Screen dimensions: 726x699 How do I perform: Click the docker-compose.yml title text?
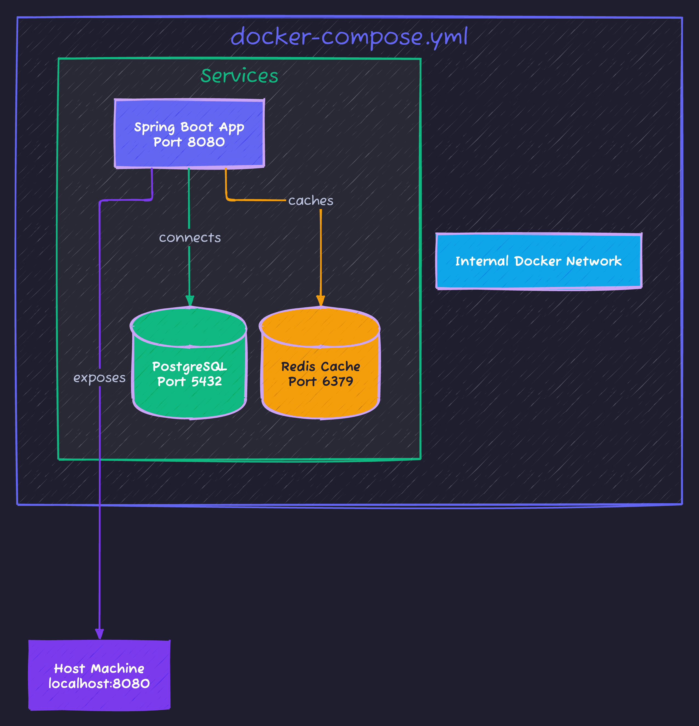(x=349, y=37)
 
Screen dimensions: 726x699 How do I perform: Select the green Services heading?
(x=239, y=76)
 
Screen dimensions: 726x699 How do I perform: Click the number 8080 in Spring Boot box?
(x=206, y=142)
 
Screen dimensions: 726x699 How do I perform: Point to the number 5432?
(x=206, y=381)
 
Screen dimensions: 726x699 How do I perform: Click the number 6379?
(x=337, y=381)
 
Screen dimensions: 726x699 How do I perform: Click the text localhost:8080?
(x=99, y=684)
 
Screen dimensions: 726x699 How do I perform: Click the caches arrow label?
(x=311, y=200)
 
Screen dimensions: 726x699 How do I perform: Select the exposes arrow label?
(x=99, y=378)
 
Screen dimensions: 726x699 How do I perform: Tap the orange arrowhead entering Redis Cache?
(x=320, y=301)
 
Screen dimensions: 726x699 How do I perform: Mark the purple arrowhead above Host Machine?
(x=99, y=634)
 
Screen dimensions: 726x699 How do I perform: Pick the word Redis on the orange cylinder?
(x=298, y=367)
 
